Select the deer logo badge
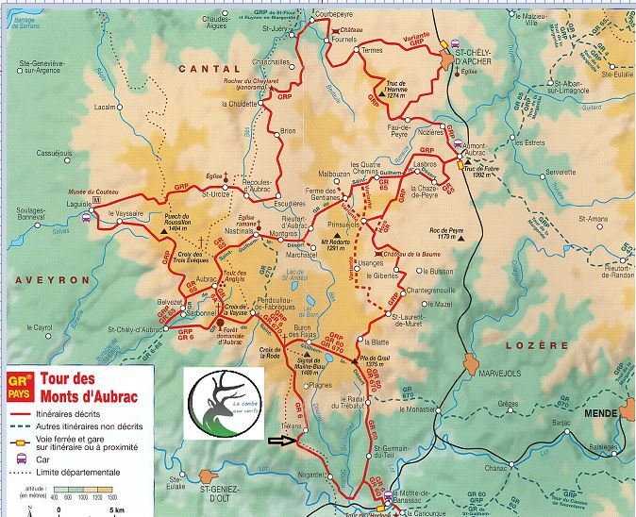click(x=226, y=404)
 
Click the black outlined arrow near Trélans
click(x=281, y=440)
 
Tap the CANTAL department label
click(x=209, y=69)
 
